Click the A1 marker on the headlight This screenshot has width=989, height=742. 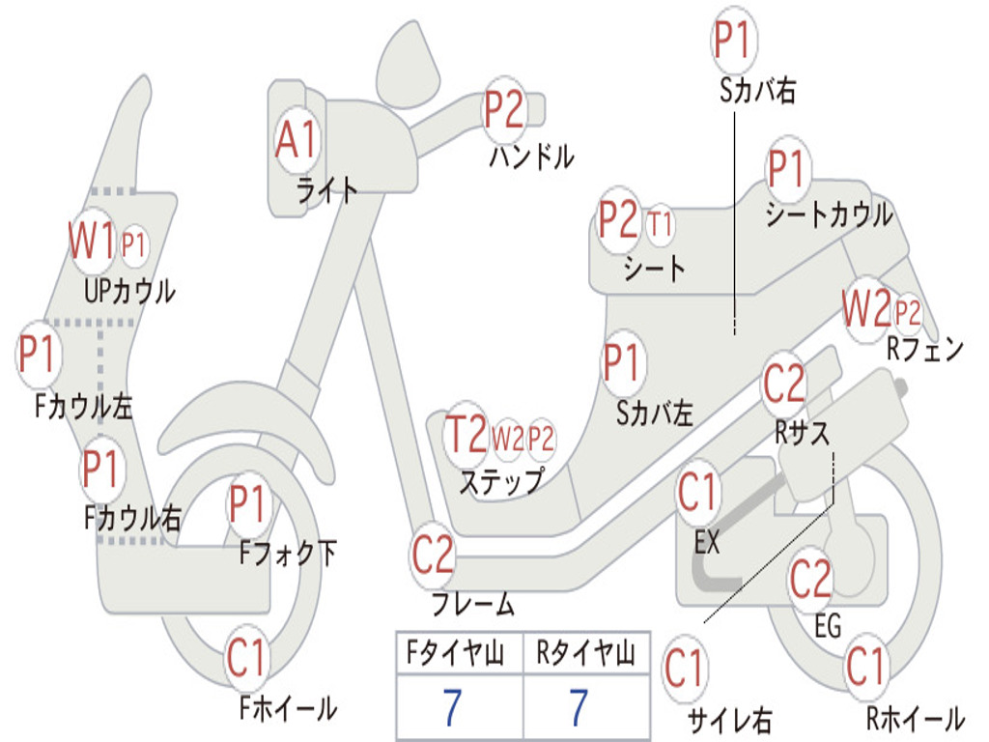(x=296, y=141)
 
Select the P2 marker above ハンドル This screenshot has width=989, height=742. (x=504, y=108)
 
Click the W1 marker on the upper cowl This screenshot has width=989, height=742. (x=91, y=241)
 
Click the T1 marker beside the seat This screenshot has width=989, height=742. (x=661, y=225)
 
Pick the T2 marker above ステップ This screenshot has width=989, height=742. (x=466, y=435)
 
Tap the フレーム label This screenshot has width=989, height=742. (x=472, y=606)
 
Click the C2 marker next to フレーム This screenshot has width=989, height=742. (x=433, y=555)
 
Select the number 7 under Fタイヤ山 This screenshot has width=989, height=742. (x=451, y=708)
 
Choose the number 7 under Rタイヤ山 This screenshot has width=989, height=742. (x=579, y=708)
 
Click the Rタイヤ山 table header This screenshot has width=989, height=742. (x=585, y=656)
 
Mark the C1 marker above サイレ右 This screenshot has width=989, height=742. (x=685, y=669)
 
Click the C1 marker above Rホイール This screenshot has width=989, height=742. (x=865, y=666)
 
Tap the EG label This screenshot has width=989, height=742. (x=828, y=626)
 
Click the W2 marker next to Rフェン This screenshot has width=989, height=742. (x=865, y=310)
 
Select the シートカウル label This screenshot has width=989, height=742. (x=829, y=215)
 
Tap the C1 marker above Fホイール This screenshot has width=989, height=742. (x=246, y=660)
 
